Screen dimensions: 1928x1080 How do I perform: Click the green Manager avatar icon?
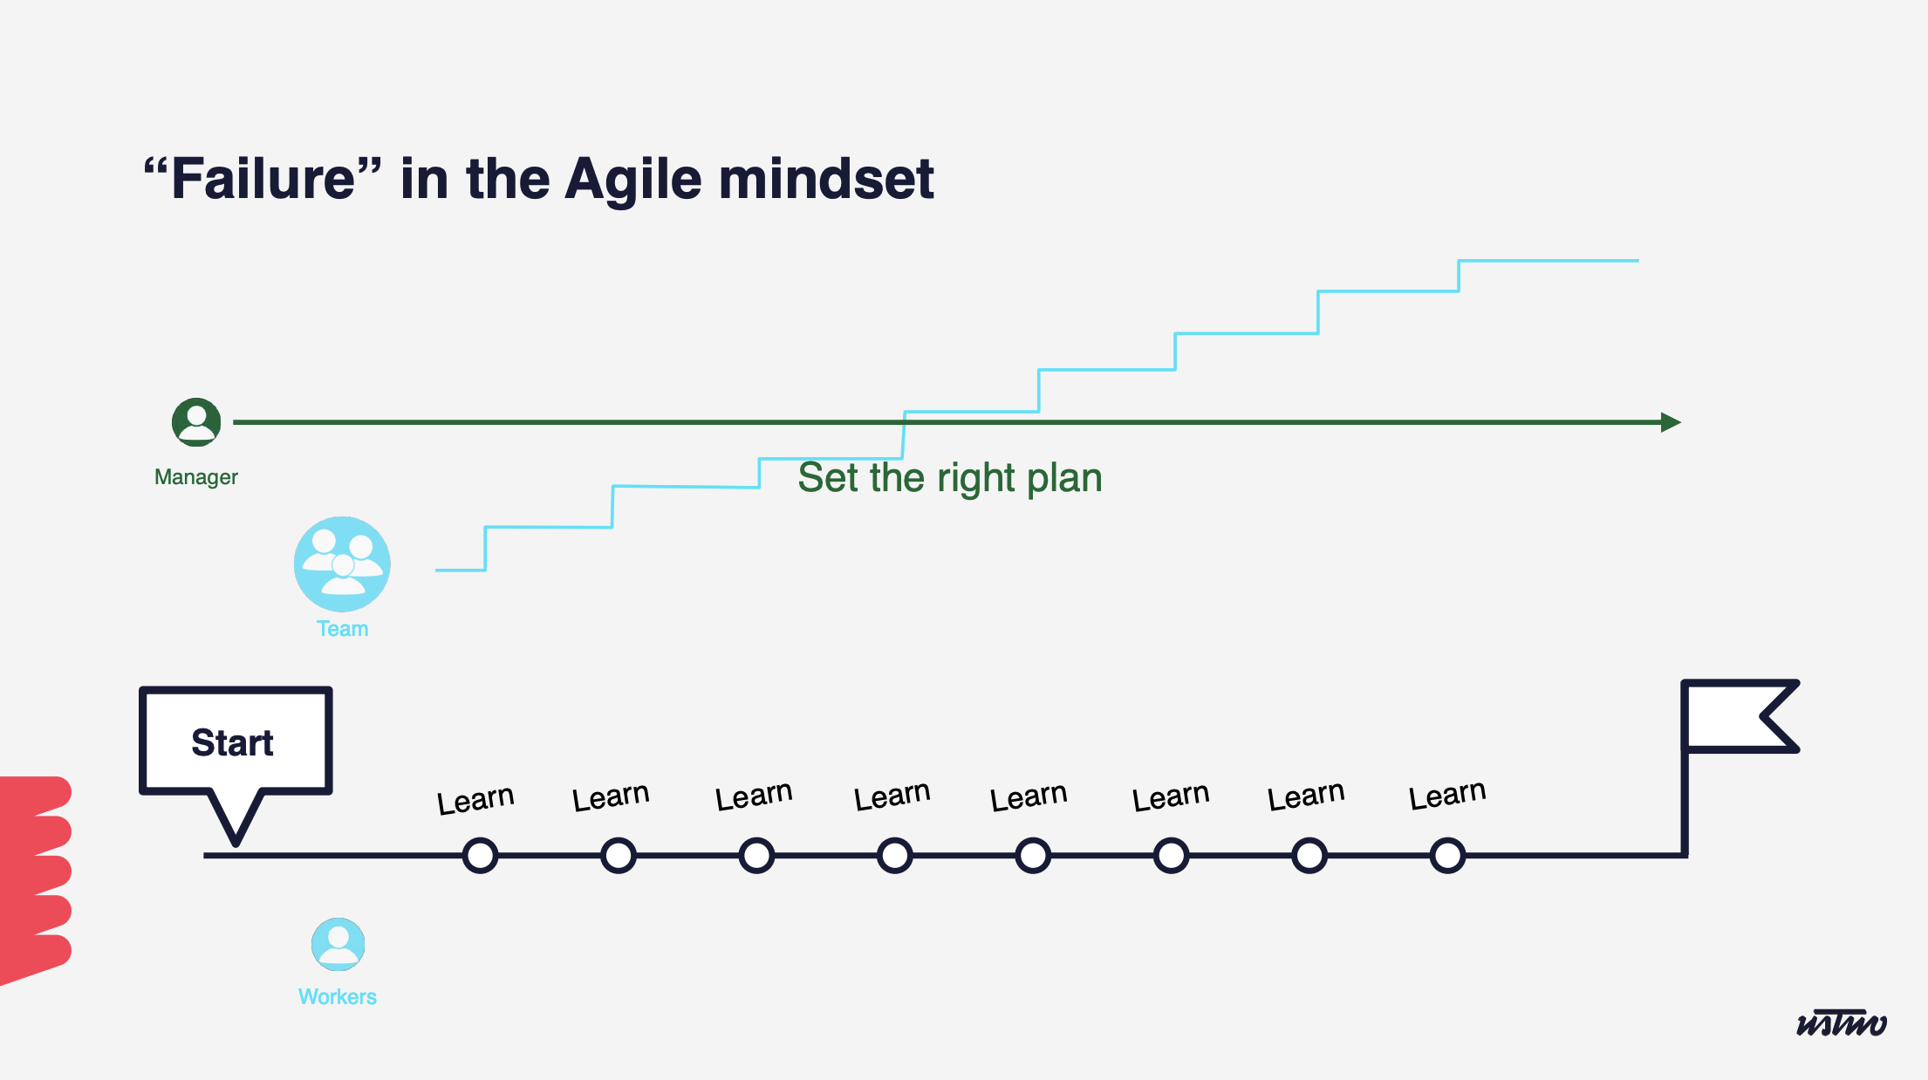[x=196, y=422]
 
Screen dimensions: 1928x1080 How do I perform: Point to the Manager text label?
[x=196, y=477]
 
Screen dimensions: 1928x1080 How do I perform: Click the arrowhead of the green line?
[x=1671, y=422]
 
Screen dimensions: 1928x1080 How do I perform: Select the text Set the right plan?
[x=950, y=478]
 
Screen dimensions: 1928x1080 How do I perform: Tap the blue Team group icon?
[x=342, y=564]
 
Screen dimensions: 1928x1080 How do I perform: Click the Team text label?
[x=342, y=629]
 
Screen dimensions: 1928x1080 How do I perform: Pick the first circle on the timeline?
[x=481, y=856]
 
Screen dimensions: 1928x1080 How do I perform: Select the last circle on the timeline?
[x=1447, y=856]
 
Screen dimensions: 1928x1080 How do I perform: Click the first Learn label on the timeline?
[x=475, y=799]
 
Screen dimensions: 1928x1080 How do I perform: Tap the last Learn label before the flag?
[x=1447, y=795]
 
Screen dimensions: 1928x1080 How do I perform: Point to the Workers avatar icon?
[x=338, y=944]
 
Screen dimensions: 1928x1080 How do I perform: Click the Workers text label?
[x=338, y=997]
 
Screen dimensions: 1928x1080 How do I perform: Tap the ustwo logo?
[x=1842, y=1022]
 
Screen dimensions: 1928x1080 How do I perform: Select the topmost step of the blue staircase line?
[x=1549, y=261]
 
